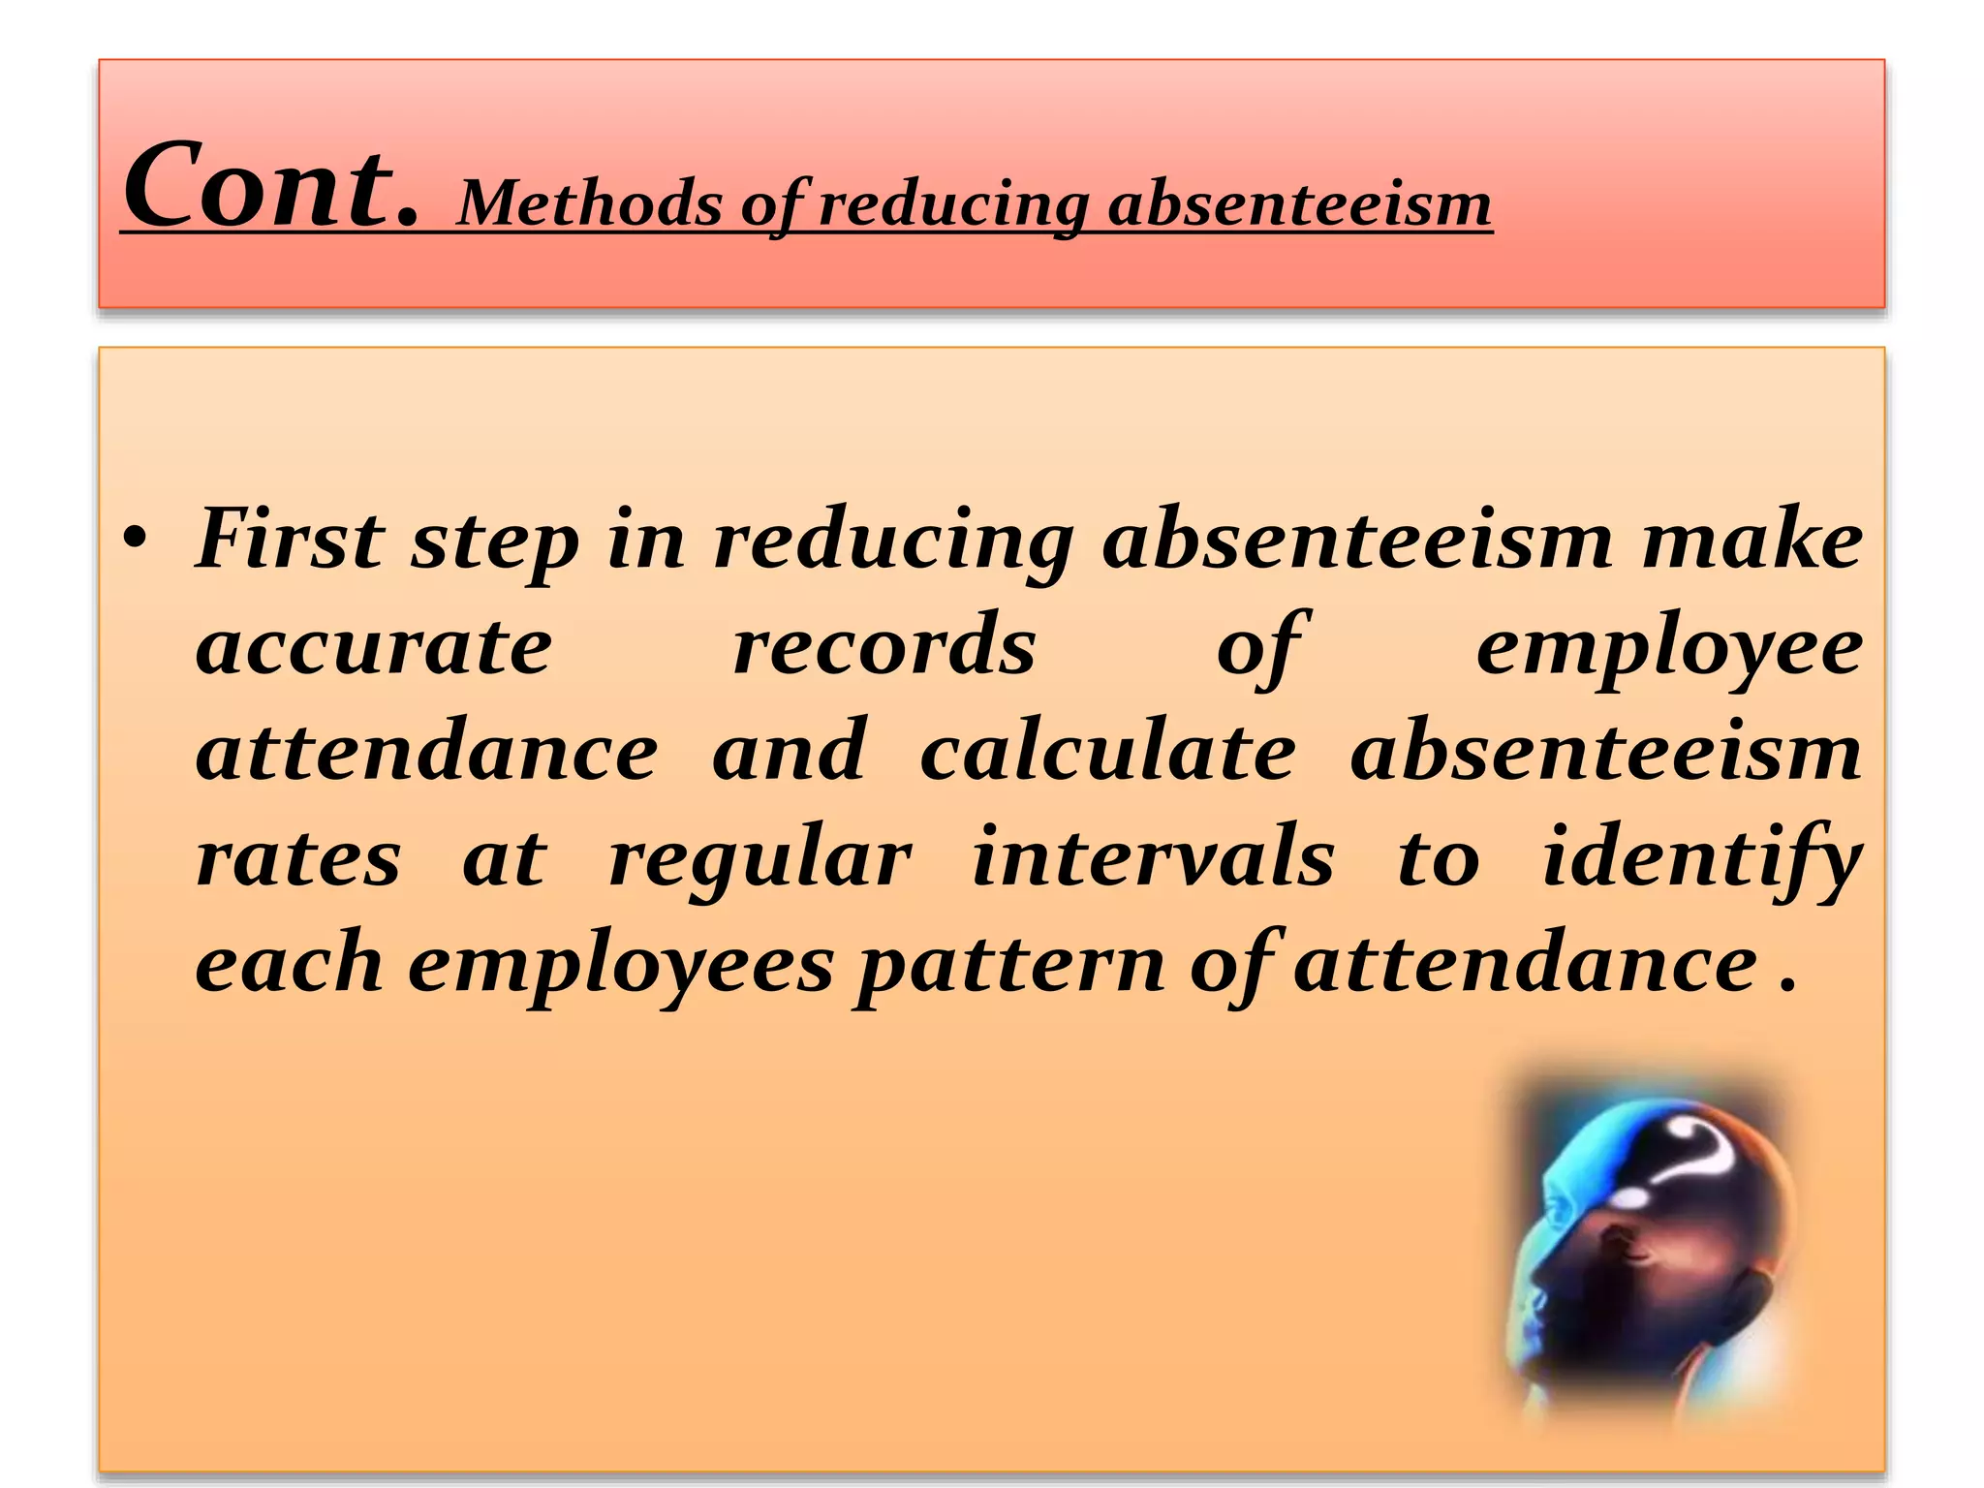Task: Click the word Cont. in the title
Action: (271, 186)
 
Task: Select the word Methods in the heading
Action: (590, 204)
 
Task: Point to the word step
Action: (495, 542)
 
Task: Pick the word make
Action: (1751, 539)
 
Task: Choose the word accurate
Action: (374, 647)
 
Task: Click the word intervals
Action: (1153, 856)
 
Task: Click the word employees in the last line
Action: (621, 967)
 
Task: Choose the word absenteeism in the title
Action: (1299, 204)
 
